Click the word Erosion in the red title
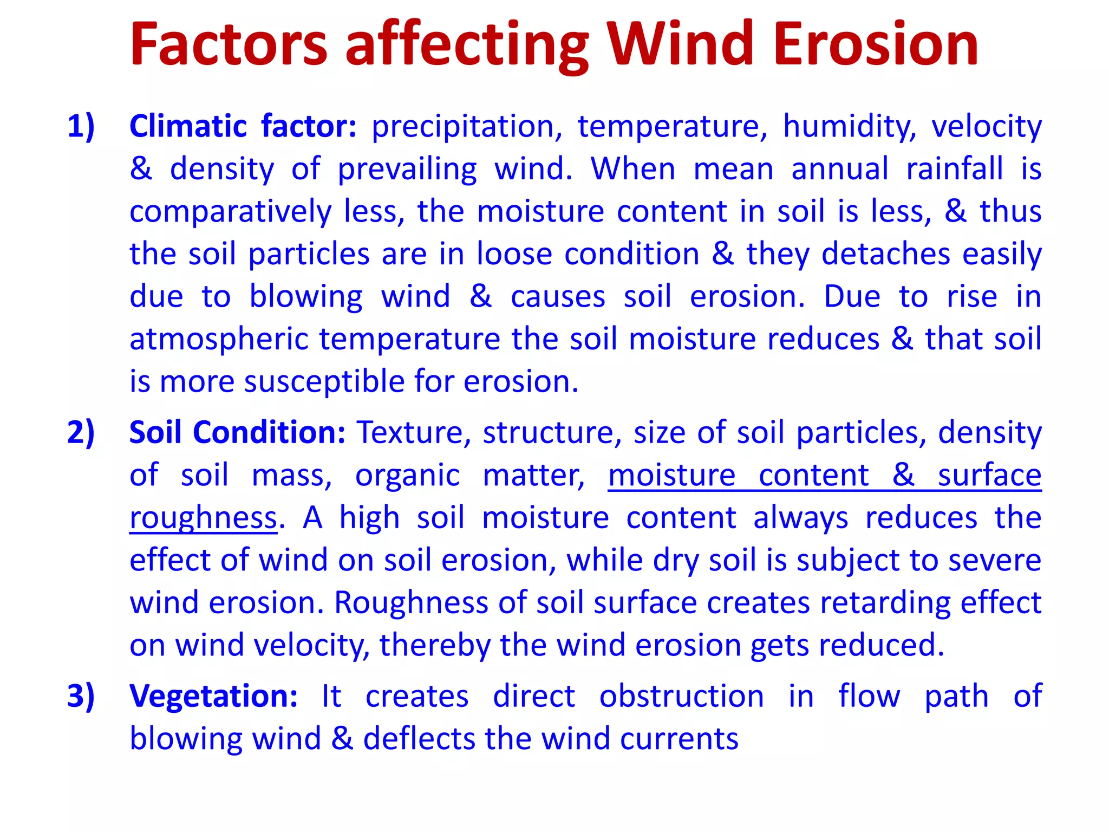[x=876, y=44]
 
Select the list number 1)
[x=81, y=127]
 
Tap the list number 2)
[x=81, y=433]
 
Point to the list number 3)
[x=81, y=696]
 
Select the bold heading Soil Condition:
[x=237, y=433]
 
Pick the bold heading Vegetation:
[x=213, y=696]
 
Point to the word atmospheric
[x=218, y=340]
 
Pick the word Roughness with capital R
[x=411, y=603]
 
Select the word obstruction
[x=681, y=697]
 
